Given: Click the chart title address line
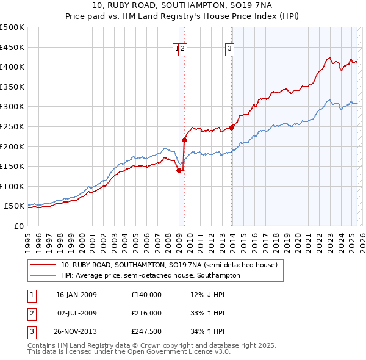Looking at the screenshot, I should pyautogui.click(x=182, y=5).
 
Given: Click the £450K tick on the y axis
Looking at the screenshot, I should pyautogui.click(x=12, y=47).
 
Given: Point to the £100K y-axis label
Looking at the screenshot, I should pyautogui.click(x=12, y=186).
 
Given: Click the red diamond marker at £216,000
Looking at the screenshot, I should pyautogui.click(x=184, y=140).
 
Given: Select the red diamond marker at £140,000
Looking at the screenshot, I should pyautogui.click(x=179, y=171).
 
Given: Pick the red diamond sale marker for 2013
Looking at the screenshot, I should pyautogui.click(x=232, y=128).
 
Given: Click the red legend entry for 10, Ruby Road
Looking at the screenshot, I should pyautogui.click(x=170, y=265).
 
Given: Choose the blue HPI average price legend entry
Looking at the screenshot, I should pyautogui.click(x=151, y=275).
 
